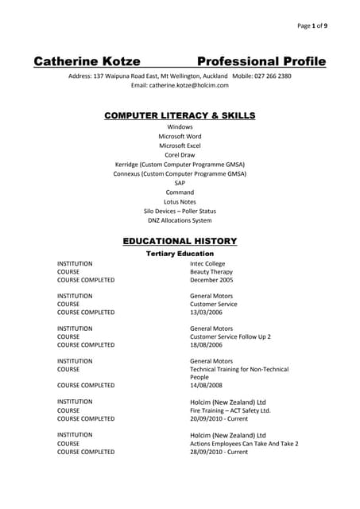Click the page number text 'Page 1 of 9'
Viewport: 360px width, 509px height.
317,25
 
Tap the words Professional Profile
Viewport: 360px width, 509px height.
261,61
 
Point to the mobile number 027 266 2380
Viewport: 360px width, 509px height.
273,76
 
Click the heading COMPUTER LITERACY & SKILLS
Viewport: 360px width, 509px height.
180,115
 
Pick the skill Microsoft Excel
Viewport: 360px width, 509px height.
180,146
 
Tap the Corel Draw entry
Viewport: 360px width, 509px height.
180,155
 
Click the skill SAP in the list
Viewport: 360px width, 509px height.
180,183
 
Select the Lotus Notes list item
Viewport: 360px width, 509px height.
180,202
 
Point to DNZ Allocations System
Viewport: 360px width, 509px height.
180,220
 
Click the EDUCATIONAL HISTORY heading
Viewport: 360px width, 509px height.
180,241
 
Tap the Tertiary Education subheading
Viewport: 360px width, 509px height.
180,254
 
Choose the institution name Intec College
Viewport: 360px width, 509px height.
207,263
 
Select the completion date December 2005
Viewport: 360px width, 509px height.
211,280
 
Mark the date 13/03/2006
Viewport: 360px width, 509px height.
207,313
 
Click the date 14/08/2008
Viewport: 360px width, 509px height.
207,385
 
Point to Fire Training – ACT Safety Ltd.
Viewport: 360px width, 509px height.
230,410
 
